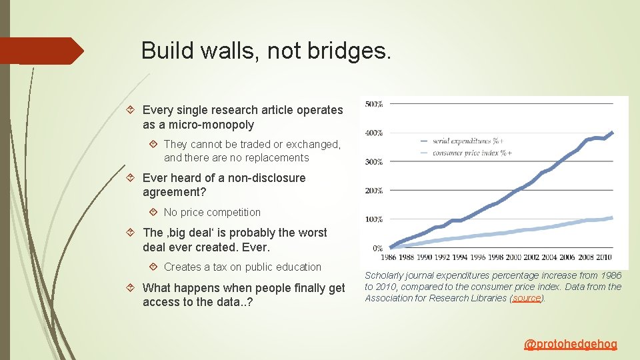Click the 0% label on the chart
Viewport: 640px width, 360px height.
pyautogui.click(x=378, y=248)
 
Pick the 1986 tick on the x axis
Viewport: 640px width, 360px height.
pyautogui.click(x=389, y=257)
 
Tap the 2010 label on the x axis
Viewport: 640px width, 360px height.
pyautogui.click(x=603, y=257)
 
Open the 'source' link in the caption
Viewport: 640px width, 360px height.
pyautogui.click(x=527, y=298)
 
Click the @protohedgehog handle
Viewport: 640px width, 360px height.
pyautogui.click(x=571, y=344)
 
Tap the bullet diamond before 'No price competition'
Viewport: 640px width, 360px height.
pyautogui.click(x=153, y=212)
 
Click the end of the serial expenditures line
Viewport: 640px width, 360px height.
pyautogui.click(x=612, y=132)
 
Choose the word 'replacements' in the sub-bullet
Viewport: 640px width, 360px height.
pyautogui.click(x=275, y=158)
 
